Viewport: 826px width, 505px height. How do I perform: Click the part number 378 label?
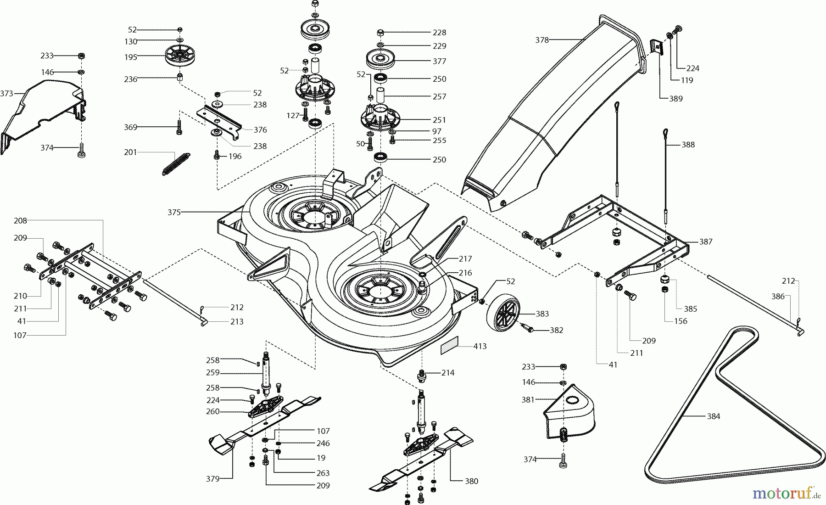click(542, 40)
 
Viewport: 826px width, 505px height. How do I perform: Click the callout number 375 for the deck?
click(174, 213)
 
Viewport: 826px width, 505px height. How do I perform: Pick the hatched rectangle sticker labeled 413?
click(449, 346)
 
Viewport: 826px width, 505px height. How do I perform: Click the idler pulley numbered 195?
click(178, 56)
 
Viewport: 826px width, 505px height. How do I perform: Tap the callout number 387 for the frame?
click(706, 241)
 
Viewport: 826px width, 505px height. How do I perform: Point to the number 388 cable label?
click(688, 145)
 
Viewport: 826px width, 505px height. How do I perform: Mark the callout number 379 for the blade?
click(212, 479)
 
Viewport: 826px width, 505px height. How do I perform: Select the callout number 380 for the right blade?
click(471, 481)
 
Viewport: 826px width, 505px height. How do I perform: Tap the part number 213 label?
click(237, 322)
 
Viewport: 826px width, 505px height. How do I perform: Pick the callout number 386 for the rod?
click(778, 297)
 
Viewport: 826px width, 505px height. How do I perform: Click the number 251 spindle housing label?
click(439, 120)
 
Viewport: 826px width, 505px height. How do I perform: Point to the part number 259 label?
click(213, 373)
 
